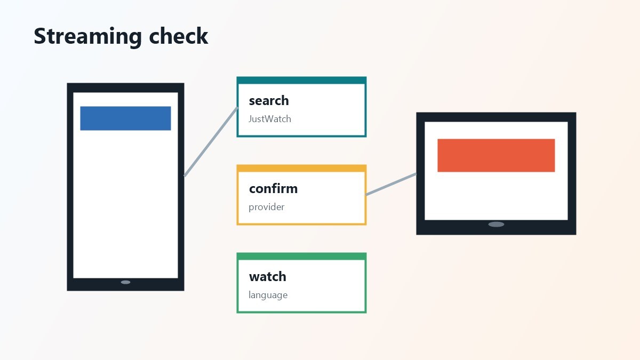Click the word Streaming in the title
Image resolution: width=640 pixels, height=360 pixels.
(87, 37)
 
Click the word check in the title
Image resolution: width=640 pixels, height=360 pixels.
(179, 36)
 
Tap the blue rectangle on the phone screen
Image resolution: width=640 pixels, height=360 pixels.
(125, 118)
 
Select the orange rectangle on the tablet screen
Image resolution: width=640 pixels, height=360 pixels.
(496, 155)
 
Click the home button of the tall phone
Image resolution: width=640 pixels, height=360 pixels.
(125, 282)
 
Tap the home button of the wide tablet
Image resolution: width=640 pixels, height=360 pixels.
(496, 225)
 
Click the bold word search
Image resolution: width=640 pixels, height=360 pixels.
(269, 101)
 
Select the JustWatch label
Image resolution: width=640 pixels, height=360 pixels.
(270, 119)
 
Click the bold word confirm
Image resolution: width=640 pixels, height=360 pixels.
(273, 189)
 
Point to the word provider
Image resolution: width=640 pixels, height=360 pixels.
(266, 207)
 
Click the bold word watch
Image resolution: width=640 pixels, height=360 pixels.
(267, 277)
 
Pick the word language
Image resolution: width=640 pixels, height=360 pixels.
(268, 295)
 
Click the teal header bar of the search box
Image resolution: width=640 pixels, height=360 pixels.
(301, 81)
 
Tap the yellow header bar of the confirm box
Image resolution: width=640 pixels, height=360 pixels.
(301, 169)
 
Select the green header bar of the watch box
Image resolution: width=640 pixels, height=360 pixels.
(301, 257)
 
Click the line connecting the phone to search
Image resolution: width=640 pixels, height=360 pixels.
(211, 142)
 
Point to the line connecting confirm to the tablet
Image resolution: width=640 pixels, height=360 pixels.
(391, 185)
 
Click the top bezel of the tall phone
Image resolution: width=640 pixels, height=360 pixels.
(125, 87)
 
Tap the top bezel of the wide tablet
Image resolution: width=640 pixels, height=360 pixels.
(496, 117)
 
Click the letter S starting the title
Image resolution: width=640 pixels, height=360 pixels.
(39, 36)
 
